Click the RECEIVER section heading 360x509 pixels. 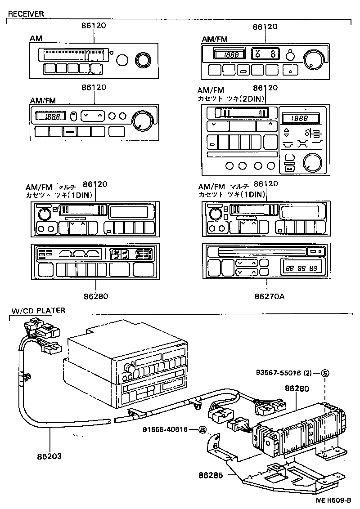point(26,14)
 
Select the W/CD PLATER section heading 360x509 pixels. point(38,310)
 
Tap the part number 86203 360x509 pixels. point(49,456)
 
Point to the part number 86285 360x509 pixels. point(211,475)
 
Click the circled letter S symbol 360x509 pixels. point(325,373)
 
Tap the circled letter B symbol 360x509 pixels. point(202,430)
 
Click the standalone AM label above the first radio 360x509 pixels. point(36,39)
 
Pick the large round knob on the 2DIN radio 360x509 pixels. point(312,162)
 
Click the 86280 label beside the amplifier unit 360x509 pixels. point(297,388)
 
